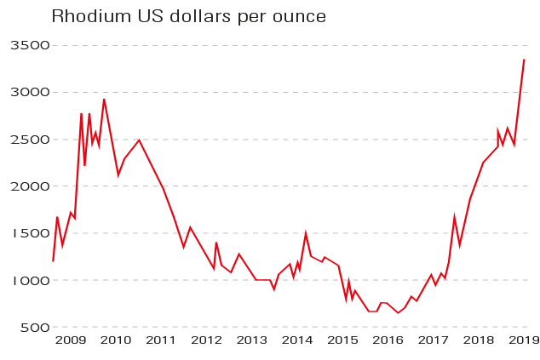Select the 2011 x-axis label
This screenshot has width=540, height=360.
[161, 340]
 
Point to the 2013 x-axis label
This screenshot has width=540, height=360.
[252, 340]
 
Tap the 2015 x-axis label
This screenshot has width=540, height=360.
[342, 340]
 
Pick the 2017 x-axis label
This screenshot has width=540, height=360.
[434, 340]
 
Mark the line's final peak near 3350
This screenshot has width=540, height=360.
[524, 60]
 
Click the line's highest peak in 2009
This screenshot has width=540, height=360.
[104, 100]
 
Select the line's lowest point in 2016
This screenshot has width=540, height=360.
[398, 312]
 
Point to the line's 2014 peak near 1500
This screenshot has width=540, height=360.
[305, 233]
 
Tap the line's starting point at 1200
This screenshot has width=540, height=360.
[53, 261]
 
